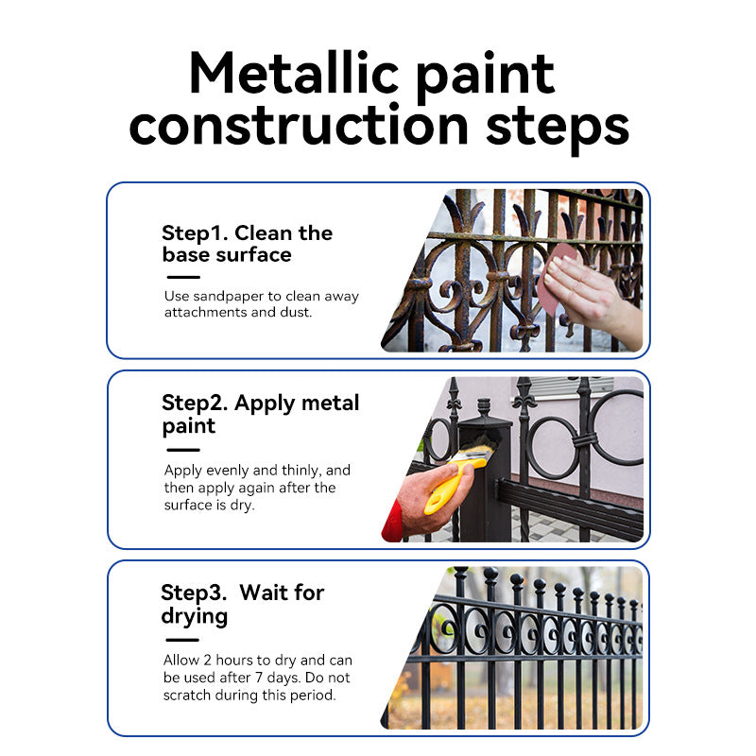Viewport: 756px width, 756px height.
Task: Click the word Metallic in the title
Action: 294,73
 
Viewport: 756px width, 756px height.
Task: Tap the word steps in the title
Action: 558,128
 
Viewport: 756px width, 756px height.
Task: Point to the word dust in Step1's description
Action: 296,313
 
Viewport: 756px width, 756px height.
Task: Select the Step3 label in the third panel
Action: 194,593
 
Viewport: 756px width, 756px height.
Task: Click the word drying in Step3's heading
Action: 195,617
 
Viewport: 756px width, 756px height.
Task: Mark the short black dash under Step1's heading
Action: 183,277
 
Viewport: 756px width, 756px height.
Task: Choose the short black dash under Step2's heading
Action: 183,450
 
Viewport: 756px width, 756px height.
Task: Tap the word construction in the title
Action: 299,126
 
